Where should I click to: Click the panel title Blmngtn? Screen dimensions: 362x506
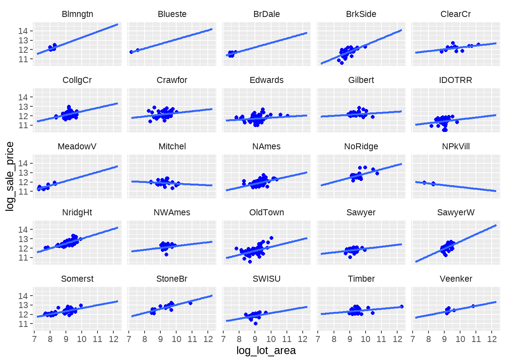tap(77, 14)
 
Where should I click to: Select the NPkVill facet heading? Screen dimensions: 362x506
tap(456, 147)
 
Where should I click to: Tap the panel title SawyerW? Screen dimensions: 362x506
tap(456, 213)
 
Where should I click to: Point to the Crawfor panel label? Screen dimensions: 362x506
tap(172, 80)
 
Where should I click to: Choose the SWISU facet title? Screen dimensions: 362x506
tap(267, 279)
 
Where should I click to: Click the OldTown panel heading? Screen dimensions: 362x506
tap(267, 213)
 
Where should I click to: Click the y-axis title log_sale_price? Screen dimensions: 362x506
tap(10, 176)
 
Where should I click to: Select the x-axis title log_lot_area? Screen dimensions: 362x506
tap(266, 351)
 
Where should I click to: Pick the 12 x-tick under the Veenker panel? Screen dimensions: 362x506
tap(492, 339)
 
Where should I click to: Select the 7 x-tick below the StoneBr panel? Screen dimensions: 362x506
tap(129, 339)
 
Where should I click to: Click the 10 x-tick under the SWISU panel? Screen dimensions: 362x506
tap(271, 339)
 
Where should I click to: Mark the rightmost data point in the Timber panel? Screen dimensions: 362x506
tap(402, 307)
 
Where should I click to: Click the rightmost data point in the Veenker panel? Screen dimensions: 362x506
tap(473, 306)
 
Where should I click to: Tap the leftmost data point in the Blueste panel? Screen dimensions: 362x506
tap(131, 52)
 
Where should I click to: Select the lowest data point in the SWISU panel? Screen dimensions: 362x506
tap(256, 324)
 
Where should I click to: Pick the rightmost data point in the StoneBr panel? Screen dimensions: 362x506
tap(191, 303)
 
